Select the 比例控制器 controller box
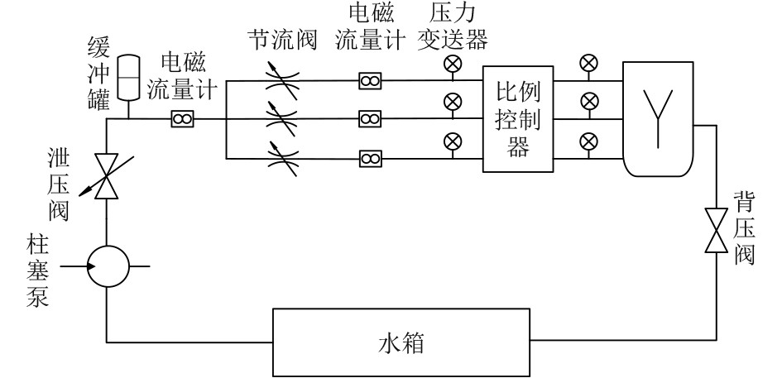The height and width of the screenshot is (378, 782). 517,118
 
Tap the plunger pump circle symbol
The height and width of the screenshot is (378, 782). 108,266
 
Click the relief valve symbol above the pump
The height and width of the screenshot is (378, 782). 107,176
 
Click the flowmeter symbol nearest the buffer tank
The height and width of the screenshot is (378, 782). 182,119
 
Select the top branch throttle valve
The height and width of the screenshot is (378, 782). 282,80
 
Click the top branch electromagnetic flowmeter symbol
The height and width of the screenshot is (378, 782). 369,80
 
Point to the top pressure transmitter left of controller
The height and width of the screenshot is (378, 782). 453,65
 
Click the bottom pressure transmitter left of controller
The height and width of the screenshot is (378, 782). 453,140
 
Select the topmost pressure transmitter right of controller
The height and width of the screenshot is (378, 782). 588,63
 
